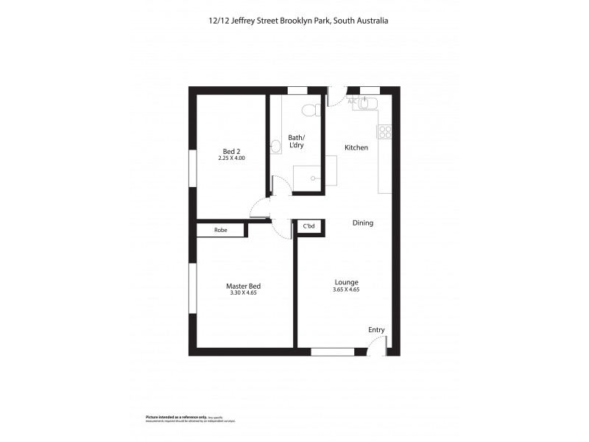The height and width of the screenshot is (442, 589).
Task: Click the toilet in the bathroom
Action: pyautogui.click(x=312, y=110)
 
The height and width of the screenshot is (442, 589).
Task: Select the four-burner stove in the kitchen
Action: pyautogui.click(x=384, y=132)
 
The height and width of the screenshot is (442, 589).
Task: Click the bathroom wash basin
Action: pyautogui.click(x=275, y=147)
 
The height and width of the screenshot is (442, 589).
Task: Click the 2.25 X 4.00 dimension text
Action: pyautogui.click(x=231, y=158)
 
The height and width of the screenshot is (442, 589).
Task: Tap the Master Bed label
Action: pyautogui.click(x=243, y=286)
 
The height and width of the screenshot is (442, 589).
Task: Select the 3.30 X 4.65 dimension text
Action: pyautogui.click(x=243, y=293)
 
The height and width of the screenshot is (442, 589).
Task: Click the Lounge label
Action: pyautogui.click(x=346, y=281)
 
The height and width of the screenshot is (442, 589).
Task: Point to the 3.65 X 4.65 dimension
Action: pyautogui.click(x=346, y=290)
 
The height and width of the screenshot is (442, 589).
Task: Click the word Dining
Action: pyautogui.click(x=362, y=222)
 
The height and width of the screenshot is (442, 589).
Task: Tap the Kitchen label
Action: pyautogui.click(x=356, y=148)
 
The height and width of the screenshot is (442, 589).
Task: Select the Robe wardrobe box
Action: pyautogui.click(x=220, y=230)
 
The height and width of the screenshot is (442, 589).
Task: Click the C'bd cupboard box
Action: pyautogui.click(x=309, y=227)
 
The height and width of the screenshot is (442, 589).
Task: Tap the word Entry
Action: pyautogui.click(x=376, y=330)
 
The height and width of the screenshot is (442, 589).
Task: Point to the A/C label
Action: pyautogui.click(x=353, y=101)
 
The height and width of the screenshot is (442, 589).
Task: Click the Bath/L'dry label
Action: pyautogui.click(x=296, y=141)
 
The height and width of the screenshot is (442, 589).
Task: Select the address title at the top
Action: pyautogui.click(x=294, y=21)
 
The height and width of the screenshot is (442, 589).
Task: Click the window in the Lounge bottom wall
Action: pyautogui.click(x=332, y=351)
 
